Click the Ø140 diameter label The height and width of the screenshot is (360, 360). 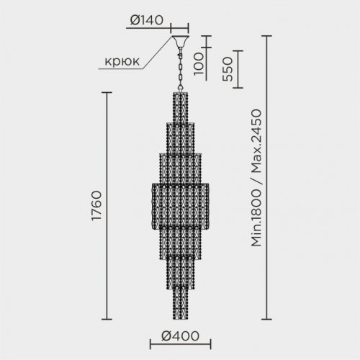pyautogui.click(x=147, y=20)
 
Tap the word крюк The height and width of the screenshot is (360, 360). pyautogui.click(x=122, y=61)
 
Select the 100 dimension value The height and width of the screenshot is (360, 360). pyautogui.click(x=199, y=64)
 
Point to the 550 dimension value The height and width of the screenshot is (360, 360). pyautogui.click(x=228, y=69)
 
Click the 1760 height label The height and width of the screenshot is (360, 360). pyautogui.click(x=96, y=206)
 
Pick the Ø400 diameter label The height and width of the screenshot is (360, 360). pyautogui.click(x=180, y=336)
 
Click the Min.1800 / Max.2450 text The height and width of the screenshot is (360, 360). pyautogui.click(x=256, y=178)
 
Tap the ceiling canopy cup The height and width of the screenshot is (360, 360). pyautogui.click(x=180, y=41)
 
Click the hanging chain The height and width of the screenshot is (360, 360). pyautogui.click(x=180, y=69)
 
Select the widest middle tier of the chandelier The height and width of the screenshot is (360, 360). pyautogui.click(x=180, y=206)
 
